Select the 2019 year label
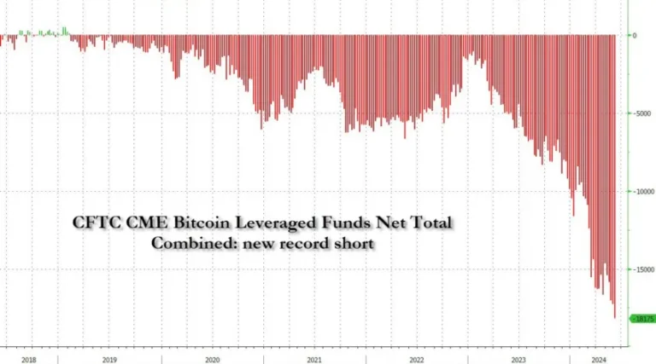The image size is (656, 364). [x=109, y=360]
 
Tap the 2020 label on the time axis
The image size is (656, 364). [x=212, y=360]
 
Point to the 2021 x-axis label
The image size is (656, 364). [x=313, y=360]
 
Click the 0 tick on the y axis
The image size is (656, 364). [x=633, y=35]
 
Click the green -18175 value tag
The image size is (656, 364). [x=642, y=318]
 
